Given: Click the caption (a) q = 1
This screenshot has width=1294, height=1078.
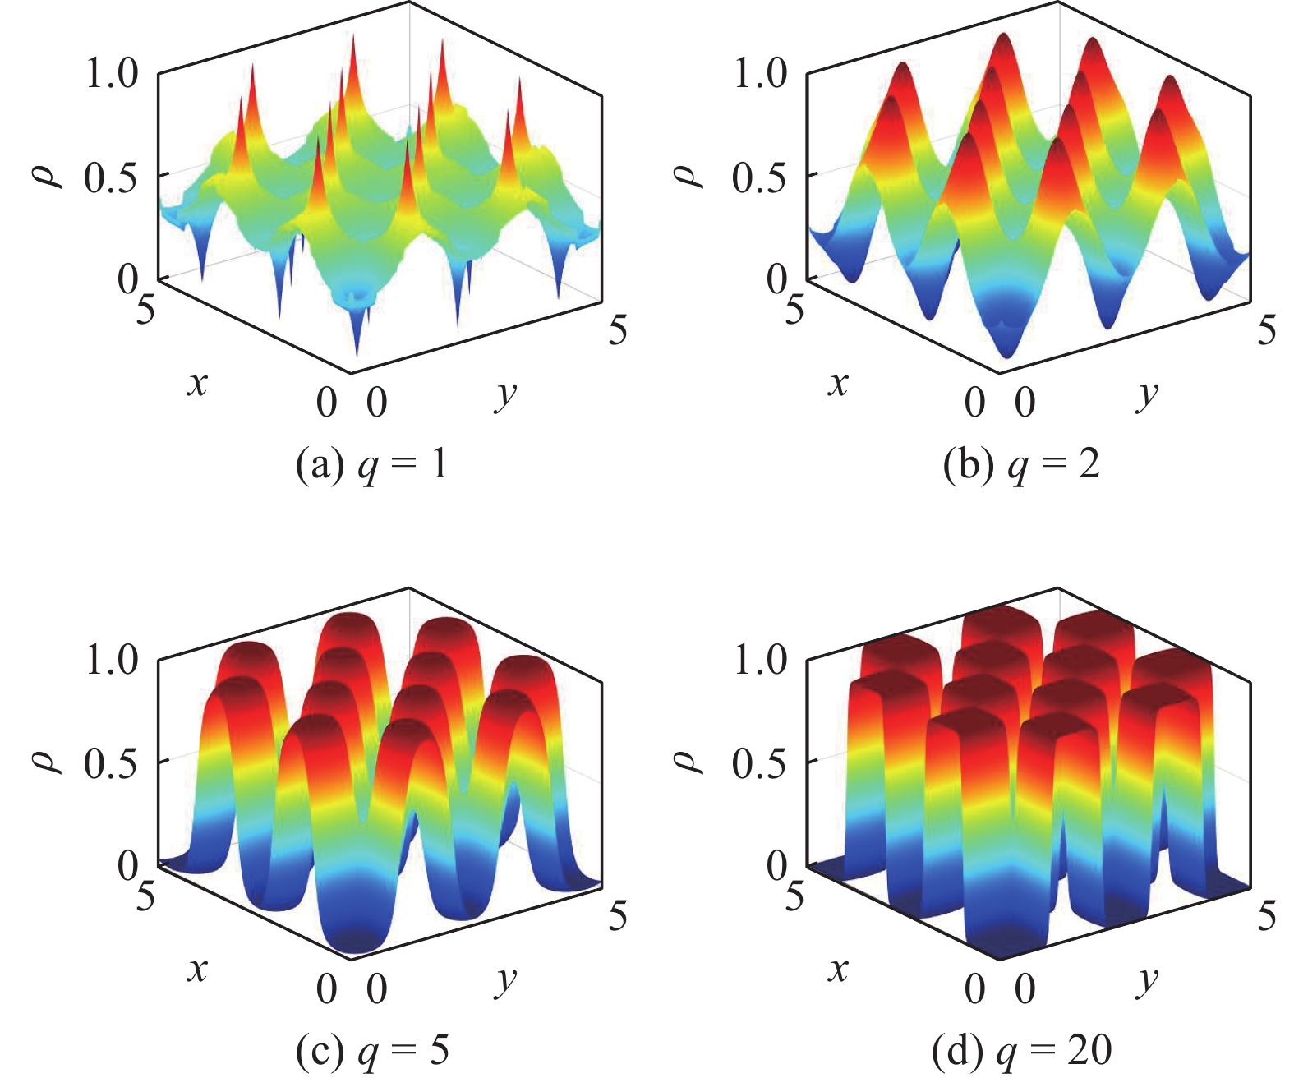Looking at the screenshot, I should (371, 466).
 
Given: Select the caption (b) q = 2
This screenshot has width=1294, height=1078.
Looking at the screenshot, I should (1021, 466).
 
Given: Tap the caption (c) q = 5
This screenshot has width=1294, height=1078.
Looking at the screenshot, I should (371, 1051).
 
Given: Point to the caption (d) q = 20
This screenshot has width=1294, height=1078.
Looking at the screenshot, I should (1021, 1051).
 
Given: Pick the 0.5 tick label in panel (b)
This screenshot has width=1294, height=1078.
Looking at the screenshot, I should (760, 177).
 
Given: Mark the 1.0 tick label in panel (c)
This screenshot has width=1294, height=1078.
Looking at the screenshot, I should (113, 659).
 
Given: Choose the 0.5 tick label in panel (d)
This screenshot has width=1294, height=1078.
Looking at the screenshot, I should (760, 763).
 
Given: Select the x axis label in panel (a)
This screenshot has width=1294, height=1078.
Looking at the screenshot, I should (196, 383).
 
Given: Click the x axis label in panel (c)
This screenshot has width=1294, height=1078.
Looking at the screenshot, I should (196, 970).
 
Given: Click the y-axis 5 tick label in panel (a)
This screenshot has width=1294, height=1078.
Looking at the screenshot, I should (618, 329).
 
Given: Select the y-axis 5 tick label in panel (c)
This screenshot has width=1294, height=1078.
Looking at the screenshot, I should (618, 915).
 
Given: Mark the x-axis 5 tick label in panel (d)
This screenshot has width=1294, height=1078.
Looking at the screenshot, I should (794, 896).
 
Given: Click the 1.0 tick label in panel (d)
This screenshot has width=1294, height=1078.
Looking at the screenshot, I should (760, 659).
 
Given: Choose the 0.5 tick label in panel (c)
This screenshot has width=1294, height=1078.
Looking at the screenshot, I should (111, 763).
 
